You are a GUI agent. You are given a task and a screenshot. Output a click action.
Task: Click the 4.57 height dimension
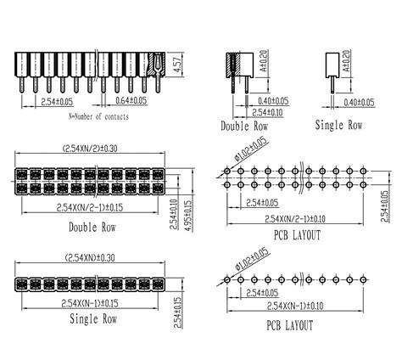click(x=178, y=65)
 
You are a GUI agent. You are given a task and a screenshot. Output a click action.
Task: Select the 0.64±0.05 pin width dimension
click(x=131, y=100)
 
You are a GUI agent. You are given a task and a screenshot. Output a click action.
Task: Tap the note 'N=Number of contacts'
click(x=98, y=116)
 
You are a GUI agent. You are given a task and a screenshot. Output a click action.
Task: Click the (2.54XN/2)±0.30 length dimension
click(x=90, y=149)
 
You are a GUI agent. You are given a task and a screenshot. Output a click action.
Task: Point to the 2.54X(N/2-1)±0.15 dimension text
click(x=90, y=208)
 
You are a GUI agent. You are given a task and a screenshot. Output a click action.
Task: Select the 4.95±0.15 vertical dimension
click(x=189, y=216)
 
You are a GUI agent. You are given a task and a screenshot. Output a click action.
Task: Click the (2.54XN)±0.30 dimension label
click(x=90, y=258)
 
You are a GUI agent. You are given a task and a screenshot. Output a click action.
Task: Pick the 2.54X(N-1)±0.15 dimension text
click(x=90, y=303)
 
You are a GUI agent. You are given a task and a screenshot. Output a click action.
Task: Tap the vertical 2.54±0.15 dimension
click(x=178, y=312)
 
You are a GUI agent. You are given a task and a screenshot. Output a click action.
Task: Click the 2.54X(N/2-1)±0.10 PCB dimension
click(x=295, y=219)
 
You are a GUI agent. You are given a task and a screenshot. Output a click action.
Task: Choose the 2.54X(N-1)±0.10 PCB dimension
click(x=295, y=306)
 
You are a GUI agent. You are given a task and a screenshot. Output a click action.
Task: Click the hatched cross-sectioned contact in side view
click(x=158, y=65)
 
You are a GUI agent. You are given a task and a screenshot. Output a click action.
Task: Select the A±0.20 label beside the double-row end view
click(x=263, y=61)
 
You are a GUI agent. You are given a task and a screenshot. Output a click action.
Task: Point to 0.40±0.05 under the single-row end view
click(x=359, y=102)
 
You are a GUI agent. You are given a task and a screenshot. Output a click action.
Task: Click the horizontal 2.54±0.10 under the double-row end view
click(x=267, y=112)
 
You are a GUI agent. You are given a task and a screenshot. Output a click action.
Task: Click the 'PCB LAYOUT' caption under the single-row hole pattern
click(x=290, y=325)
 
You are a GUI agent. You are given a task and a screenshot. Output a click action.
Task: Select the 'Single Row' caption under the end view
click(x=338, y=125)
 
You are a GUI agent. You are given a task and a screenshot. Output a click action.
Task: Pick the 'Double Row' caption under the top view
click(x=92, y=228)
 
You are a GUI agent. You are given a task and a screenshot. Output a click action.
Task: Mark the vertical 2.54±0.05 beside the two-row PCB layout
click(x=384, y=206)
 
